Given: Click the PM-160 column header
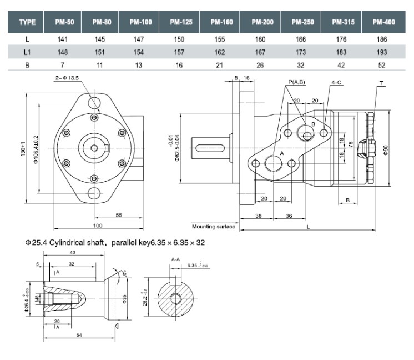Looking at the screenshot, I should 221,22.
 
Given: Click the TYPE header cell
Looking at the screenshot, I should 27,22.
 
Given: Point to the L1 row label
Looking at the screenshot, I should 27,53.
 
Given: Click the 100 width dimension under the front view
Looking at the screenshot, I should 98,226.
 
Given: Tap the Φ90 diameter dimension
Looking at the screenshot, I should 386,150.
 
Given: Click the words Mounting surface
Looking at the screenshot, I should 213,227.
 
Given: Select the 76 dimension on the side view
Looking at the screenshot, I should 351,144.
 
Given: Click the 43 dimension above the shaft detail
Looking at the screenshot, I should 72,253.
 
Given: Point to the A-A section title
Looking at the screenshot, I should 175,259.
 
